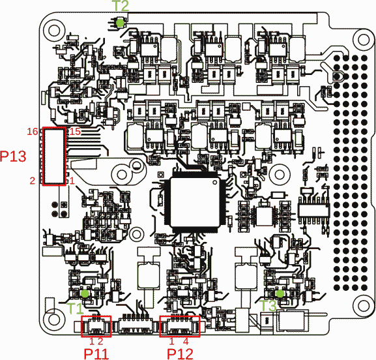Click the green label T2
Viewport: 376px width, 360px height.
click(x=121, y=5)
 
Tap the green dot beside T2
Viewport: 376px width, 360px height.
click(x=121, y=22)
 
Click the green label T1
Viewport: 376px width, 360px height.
click(x=75, y=307)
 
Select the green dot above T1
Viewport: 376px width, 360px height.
click(x=85, y=295)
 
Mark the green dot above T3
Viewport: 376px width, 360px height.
click(x=280, y=294)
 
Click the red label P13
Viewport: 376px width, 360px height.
click(x=13, y=157)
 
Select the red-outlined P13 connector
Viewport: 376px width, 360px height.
click(x=55, y=157)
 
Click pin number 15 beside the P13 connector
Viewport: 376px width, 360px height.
click(x=75, y=132)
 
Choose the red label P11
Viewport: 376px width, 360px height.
click(x=96, y=353)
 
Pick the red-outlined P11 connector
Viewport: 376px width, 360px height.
click(x=96, y=326)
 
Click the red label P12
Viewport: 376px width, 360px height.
click(x=180, y=353)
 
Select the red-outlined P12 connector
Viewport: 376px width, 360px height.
click(x=180, y=326)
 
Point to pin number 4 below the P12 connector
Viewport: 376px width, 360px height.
click(x=186, y=340)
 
